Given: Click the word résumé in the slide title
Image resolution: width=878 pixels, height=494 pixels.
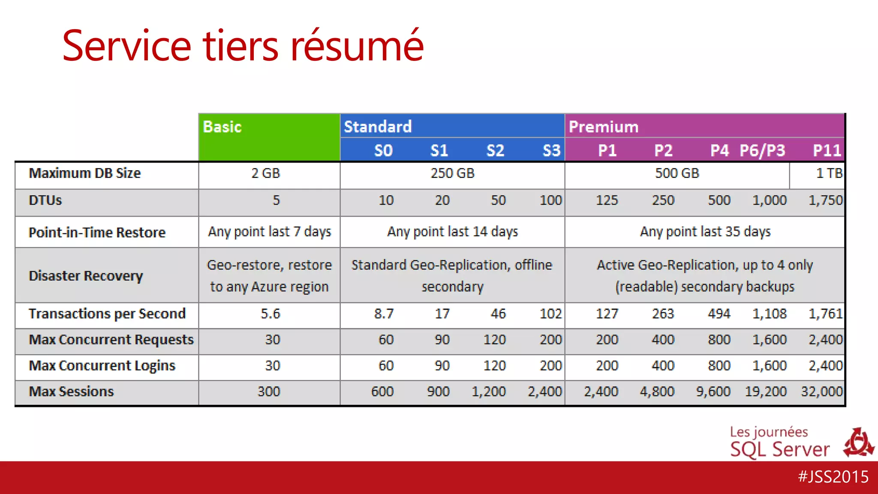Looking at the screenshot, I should pos(357,45).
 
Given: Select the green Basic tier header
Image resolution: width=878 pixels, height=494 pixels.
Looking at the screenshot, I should pos(269,137).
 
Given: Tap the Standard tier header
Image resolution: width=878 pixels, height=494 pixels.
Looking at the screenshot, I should pos(378,127).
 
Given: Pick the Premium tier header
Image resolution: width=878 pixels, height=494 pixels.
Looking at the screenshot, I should pos(603,127).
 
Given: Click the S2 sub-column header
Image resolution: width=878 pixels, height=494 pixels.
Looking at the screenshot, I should pos(495,151).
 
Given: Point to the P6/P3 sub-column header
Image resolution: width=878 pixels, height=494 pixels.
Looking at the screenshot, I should pos(762,151).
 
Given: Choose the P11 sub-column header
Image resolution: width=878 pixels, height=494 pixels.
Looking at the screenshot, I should pos(827,151).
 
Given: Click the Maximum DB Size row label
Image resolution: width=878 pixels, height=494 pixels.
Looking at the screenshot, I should pos(84,173).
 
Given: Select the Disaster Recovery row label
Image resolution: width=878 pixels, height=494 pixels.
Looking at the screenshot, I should pos(86,275).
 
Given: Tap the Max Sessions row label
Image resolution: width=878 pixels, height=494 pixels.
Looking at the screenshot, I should pos(71,392).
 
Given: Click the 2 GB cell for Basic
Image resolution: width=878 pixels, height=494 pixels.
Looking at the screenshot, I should pos(265,173).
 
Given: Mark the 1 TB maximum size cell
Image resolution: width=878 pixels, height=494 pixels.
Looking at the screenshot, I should pos(829,173).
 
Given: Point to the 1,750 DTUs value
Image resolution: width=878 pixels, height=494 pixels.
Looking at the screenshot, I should pos(825,200).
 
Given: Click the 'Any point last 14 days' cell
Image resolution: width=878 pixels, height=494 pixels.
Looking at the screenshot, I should pos(452,232).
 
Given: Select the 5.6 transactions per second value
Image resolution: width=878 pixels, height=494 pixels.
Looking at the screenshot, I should pos(270,314).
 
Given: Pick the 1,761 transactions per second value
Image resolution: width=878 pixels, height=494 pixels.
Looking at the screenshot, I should pos(825,314).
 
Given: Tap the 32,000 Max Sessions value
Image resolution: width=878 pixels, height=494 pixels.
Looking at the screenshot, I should pos(821,392).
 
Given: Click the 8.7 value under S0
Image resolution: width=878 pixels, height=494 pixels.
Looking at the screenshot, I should pos(384,314).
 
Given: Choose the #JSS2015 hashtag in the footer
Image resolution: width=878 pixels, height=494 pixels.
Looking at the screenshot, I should pos(833,477).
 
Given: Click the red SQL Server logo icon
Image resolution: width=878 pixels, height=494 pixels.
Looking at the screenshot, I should pos(858,443).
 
